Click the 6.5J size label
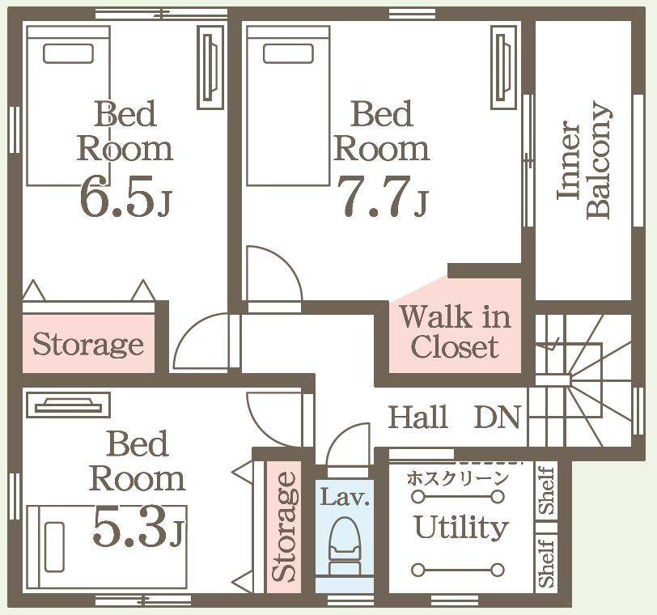pyautogui.click(x=125, y=196)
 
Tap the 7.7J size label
pyautogui.click(x=383, y=196)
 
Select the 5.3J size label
pyautogui.click(x=138, y=526)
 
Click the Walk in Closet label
pyautogui.click(x=455, y=332)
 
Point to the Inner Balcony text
pyautogui.click(x=584, y=161)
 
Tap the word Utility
pyautogui.click(x=461, y=528)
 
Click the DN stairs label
pyautogui.click(x=498, y=417)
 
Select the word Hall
pyautogui.click(x=418, y=417)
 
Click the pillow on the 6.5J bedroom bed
pyautogui.click(x=68, y=53)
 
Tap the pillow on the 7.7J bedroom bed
pyautogui.click(x=288, y=53)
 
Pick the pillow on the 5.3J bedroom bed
pyautogui.click(x=54, y=547)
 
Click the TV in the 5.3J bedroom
pyautogui.click(x=68, y=405)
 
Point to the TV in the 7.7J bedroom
pyautogui.click(x=503, y=67)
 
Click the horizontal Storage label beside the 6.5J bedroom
pyautogui.click(x=88, y=345)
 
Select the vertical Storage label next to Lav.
pyautogui.click(x=285, y=526)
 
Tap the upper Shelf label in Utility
pyautogui.click(x=547, y=490)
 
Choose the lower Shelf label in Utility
pyautogui.click(x=547, y=562)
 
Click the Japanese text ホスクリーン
pyautogui.click(x=458, y=478)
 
